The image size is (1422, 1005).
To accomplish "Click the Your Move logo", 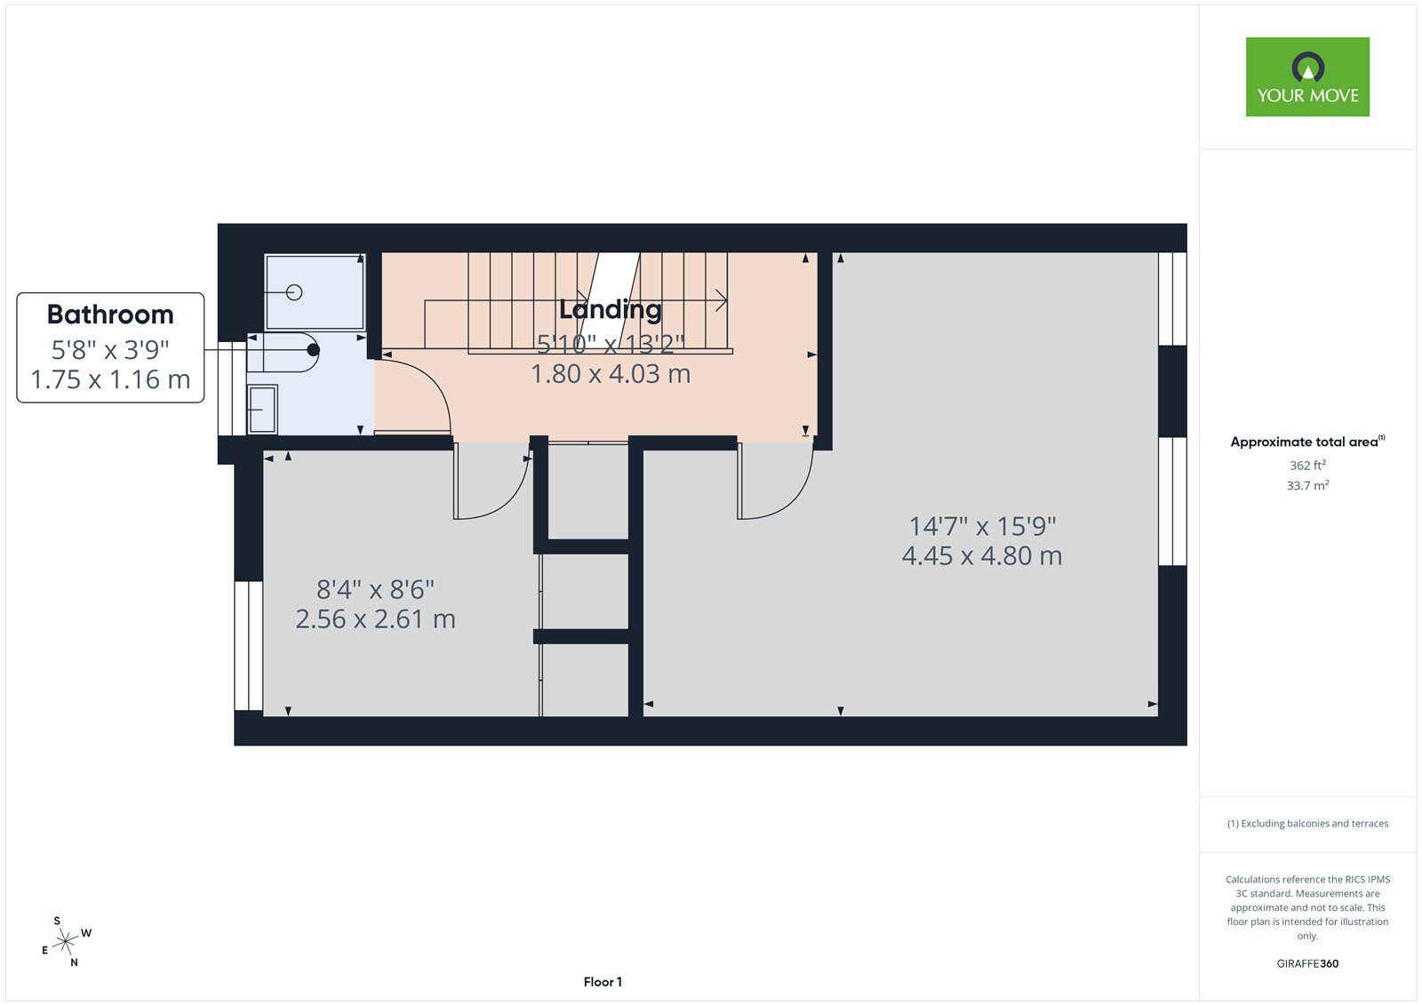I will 1306,76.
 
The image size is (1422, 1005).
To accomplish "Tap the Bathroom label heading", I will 110,315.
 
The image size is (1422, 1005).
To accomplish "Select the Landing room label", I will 611,309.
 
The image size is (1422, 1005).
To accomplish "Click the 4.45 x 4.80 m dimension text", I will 981,556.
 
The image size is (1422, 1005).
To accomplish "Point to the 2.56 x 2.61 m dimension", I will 375,619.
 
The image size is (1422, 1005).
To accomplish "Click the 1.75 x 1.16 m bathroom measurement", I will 110,379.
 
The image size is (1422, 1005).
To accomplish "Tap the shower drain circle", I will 295,292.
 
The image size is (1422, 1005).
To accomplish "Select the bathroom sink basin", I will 262,409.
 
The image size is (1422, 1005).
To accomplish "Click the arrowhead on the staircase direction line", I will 722,300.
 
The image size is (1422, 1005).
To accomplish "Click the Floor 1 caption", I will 603,982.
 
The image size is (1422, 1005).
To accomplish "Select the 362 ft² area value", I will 1307,466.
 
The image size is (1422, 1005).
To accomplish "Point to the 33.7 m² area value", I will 1307,486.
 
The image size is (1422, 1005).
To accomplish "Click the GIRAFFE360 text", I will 1307,963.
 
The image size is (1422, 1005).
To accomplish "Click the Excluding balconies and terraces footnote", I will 1307,824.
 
